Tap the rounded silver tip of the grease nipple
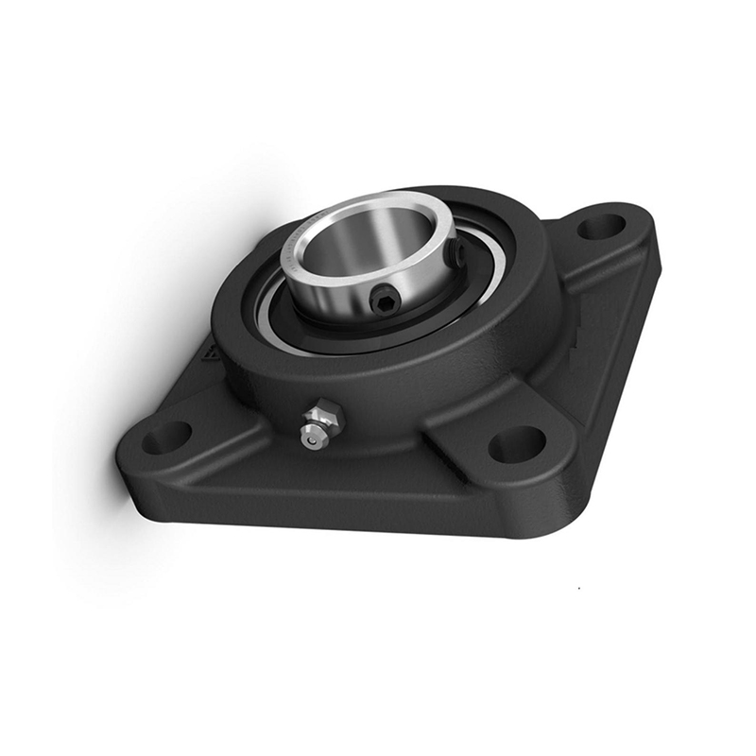click(309, 437)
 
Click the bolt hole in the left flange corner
click(166, 437)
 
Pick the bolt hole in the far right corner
click(601, 227)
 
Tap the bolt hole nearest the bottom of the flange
click(517, 444)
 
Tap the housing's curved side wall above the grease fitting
click(312, 378)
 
